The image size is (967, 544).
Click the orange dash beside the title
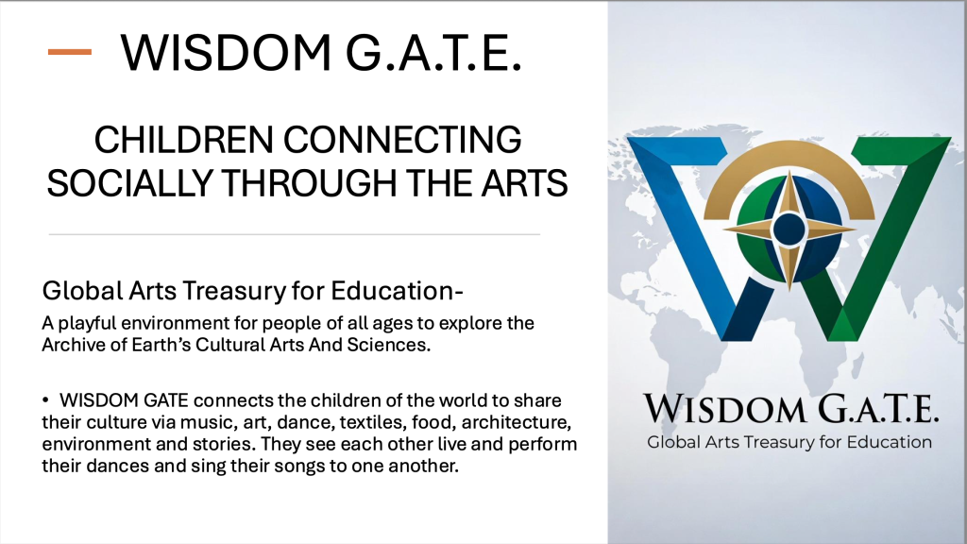tap(70, 53)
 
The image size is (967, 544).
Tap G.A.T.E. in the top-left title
tap(433, 53)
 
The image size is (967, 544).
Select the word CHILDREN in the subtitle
tap(183, 140)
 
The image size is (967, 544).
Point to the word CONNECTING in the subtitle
tap(402, 140)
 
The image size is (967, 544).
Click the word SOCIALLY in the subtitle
tap(128, 183)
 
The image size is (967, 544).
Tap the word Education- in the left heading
tap(397, 291)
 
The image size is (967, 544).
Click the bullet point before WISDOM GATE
tap(45, 400)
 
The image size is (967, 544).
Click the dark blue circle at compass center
tap(789, 229)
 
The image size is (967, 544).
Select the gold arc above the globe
tap(789, 155)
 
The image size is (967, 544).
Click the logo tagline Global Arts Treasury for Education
tap(789, 442)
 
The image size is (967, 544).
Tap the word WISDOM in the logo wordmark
tap(724, 408)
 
